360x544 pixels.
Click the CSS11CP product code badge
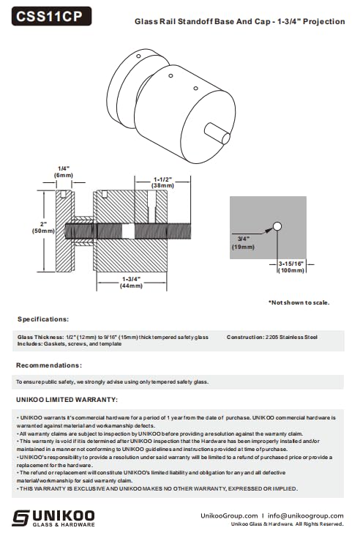(52, 16)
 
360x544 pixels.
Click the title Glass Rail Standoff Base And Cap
(202, 21)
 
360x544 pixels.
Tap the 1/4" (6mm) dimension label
(64, 172)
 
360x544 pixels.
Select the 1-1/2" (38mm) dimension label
(162, 182)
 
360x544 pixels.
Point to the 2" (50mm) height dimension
(43, 227)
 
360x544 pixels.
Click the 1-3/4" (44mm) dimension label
(131, 283)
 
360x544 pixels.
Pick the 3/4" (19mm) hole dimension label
(243, 243)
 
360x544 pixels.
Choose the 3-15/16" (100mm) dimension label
(291, 267)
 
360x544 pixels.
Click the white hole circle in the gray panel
(277, 226)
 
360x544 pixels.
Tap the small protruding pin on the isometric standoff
(217, 133)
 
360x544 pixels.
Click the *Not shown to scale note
(299, 302)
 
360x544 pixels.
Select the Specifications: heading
(43, 319)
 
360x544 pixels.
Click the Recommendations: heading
(49, 365)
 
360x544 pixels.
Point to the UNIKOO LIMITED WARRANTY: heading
(67, 400)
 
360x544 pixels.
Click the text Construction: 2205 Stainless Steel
(272, 337)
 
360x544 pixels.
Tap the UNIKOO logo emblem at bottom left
(20, 518)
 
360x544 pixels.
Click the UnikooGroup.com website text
(229, 516)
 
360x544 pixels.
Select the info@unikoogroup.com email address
(306, 516)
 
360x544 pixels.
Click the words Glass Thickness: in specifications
(40, 337)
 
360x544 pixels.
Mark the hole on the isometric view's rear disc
(138, 56)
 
